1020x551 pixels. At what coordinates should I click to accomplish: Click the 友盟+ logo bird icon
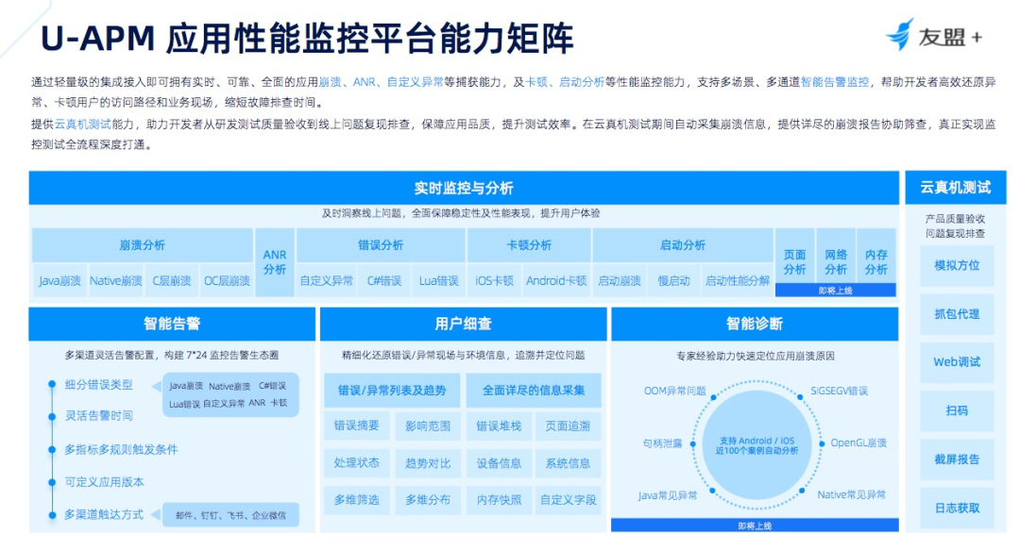(x=899, y=34)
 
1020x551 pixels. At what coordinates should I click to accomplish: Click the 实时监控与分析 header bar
(x=463, y=188)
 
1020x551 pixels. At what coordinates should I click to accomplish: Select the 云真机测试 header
(x=955, y=188)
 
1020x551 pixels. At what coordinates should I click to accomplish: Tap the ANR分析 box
(x=275, y=261)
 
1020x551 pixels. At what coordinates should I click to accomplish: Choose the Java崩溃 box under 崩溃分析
(x=59, y=280)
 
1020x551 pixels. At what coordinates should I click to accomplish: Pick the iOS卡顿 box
(x=494, y=280)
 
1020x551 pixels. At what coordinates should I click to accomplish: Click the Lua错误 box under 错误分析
(x=438, y=280)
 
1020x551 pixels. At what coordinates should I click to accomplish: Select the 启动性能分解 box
(x=737, y=280)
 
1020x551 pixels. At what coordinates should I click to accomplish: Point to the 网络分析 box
(x=836, y=261)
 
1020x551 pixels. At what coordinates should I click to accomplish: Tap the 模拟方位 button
(x=957, y=265)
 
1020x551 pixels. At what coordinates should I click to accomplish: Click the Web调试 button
(x=957, y=362)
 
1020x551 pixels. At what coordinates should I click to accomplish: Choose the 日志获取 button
(x=957, y=508)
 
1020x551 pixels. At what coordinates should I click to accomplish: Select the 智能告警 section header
(x=172, y=324)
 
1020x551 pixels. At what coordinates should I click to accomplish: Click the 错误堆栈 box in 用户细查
(x=499, y=426)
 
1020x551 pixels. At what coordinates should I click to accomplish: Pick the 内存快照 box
(x=499, y=499)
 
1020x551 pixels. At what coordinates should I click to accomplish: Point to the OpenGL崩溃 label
(x=858, y=442)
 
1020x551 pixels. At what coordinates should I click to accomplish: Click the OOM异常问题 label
(x=674, y=390)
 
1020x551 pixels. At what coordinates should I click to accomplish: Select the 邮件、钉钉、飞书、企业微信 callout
(x=229, y=515)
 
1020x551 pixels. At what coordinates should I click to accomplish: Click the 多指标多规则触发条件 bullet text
(x=121, y=449)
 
